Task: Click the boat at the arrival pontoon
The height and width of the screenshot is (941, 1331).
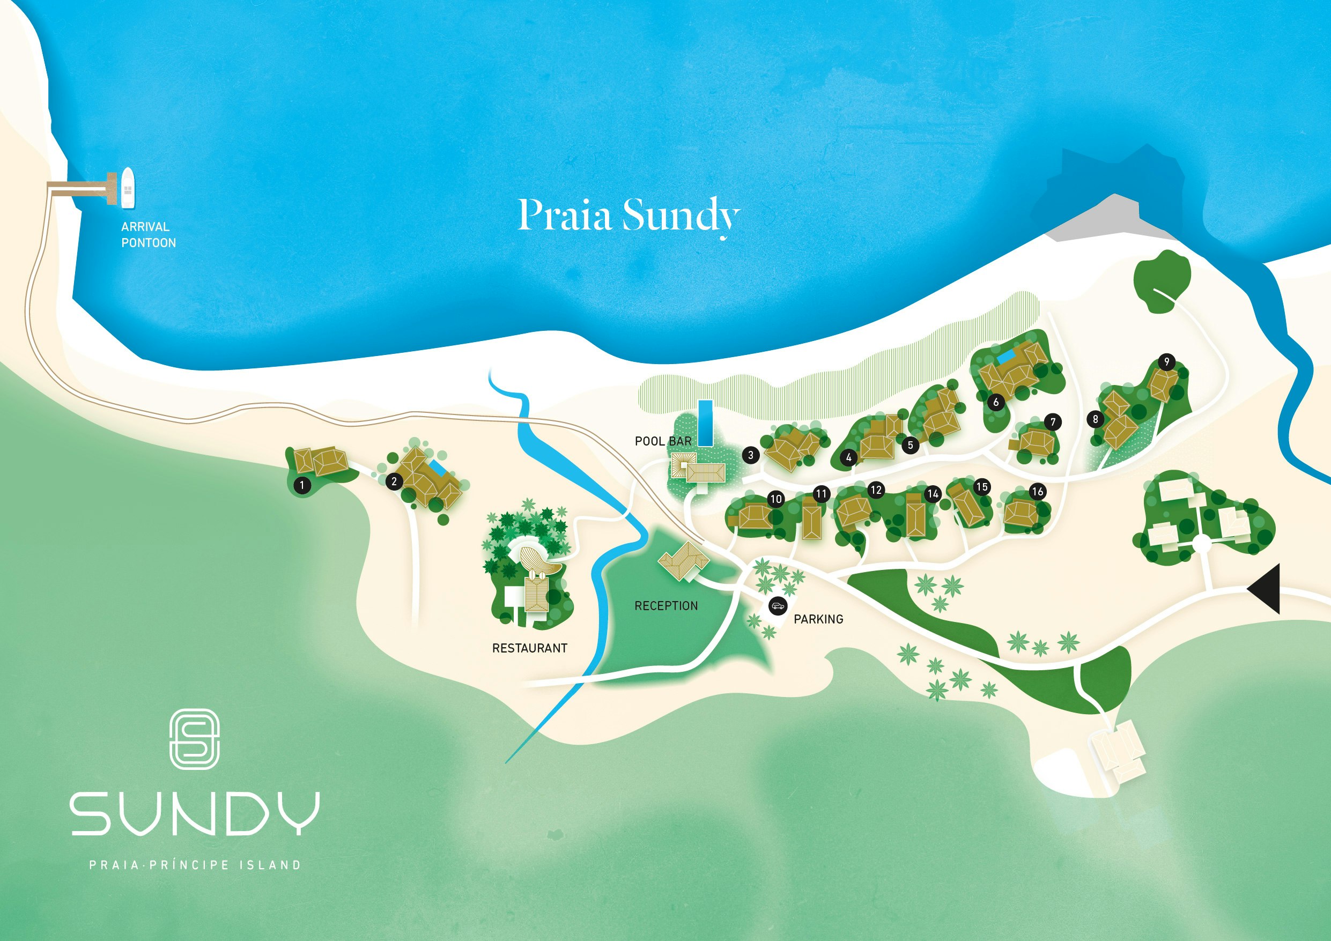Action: (128, 188)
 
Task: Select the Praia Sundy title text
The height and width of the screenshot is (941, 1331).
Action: (628, 215)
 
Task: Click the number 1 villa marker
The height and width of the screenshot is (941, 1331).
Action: (302, 485)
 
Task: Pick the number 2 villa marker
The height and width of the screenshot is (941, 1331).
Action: (394, 481)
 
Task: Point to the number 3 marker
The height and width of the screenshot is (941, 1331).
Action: (751, 455)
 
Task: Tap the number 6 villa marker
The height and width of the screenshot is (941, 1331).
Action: (996, 402)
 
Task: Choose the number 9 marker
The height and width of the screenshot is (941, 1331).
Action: (1166, 362)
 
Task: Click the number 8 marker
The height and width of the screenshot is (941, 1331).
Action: (1095, 419)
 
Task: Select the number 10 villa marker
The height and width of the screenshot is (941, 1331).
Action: (775, 499)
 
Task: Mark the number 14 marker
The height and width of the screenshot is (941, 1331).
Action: (933, 494)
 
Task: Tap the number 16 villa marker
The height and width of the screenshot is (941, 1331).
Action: (1037, 492)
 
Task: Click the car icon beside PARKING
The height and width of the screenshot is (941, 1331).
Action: (778, 606)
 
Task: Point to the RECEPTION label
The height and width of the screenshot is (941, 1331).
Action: (666, 606)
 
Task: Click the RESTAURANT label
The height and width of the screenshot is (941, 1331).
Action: (529, 648)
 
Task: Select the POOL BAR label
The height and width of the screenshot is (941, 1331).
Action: (663, 441)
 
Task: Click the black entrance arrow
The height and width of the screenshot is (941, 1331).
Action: (1266, 589)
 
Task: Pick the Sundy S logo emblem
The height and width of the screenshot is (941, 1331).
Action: (194, 739)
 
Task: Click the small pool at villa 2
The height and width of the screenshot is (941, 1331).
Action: (438, 466)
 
